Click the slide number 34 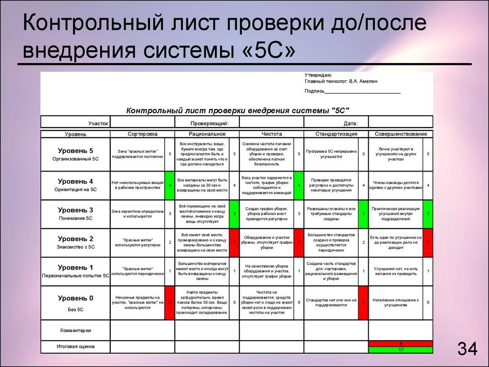468,349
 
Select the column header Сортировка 142,134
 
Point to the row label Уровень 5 75,151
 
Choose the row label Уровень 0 75,298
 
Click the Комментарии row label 75,330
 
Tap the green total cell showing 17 400,350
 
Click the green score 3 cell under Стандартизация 363,214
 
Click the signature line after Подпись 362,91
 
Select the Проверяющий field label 209,123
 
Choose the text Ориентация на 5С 75,189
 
